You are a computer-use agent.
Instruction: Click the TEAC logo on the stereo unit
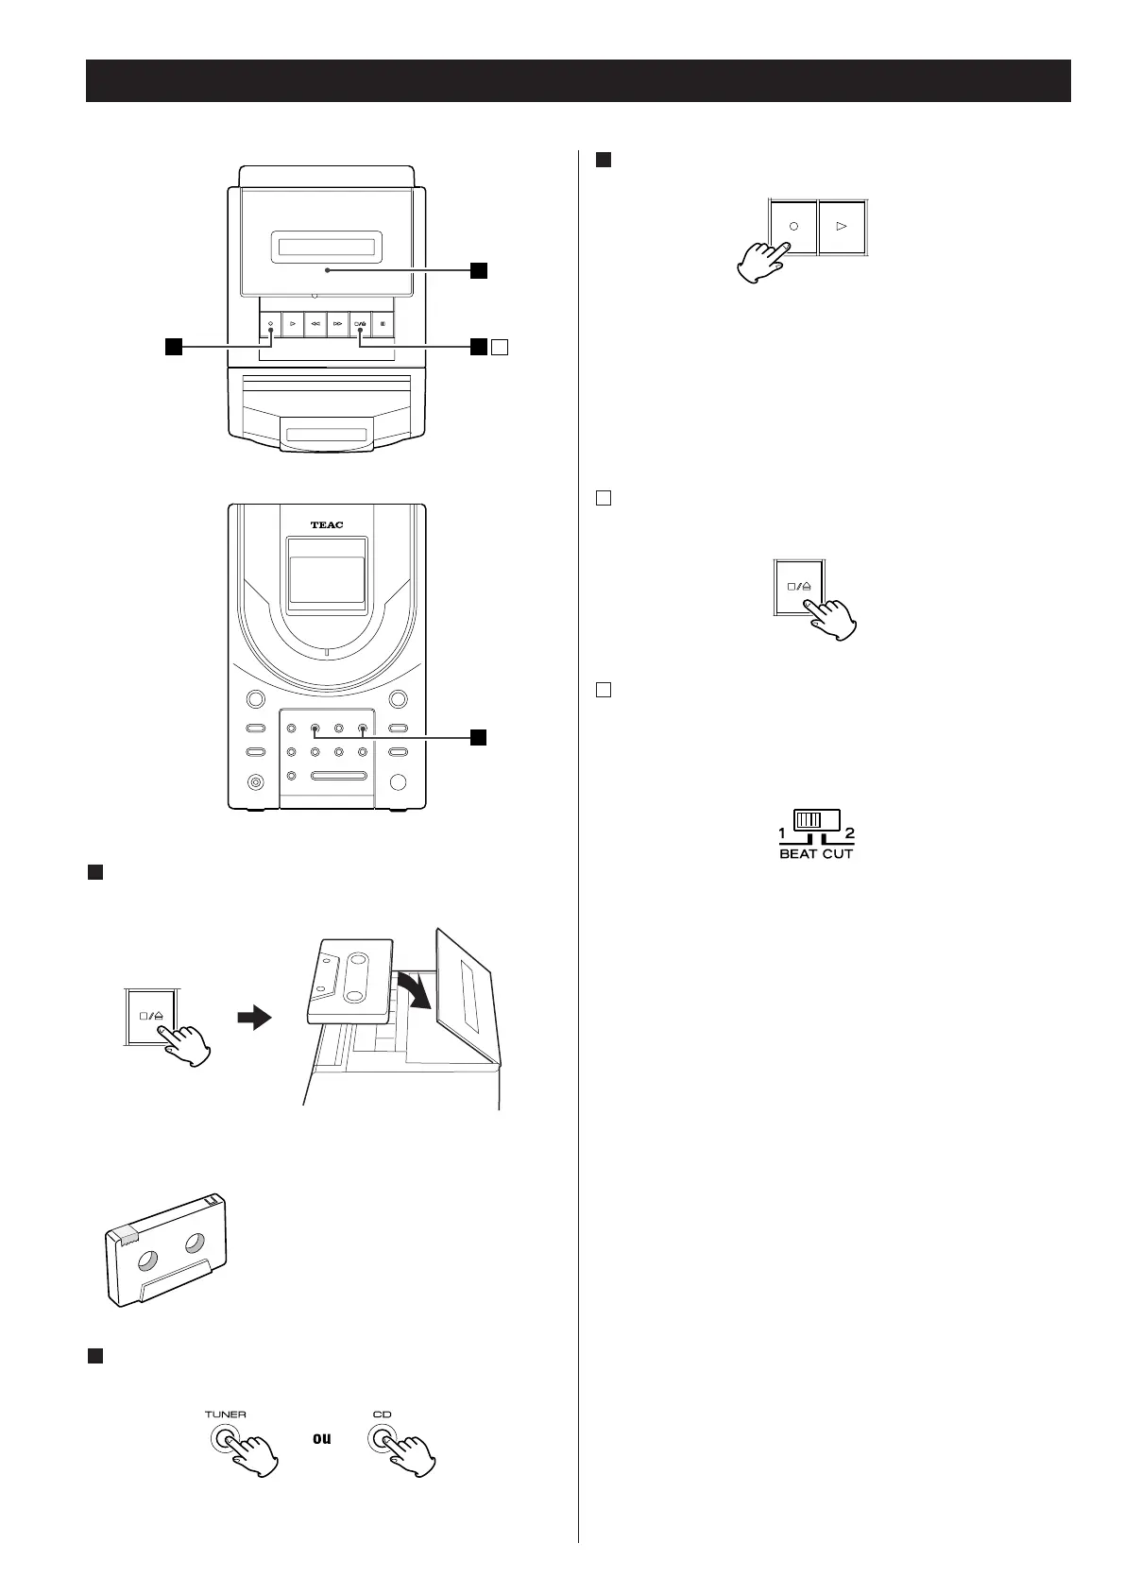326,525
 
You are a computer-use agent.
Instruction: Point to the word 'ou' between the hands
322,1466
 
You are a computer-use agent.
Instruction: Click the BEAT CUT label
816,853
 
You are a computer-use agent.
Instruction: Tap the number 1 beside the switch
782,833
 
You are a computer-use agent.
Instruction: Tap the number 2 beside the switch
849,833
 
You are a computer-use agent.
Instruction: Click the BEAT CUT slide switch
816,820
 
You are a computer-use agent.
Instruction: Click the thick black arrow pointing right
254,1020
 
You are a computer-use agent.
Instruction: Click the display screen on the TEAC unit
326,580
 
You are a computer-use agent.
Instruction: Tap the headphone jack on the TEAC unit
253,782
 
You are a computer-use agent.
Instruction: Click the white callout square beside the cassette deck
501,347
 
